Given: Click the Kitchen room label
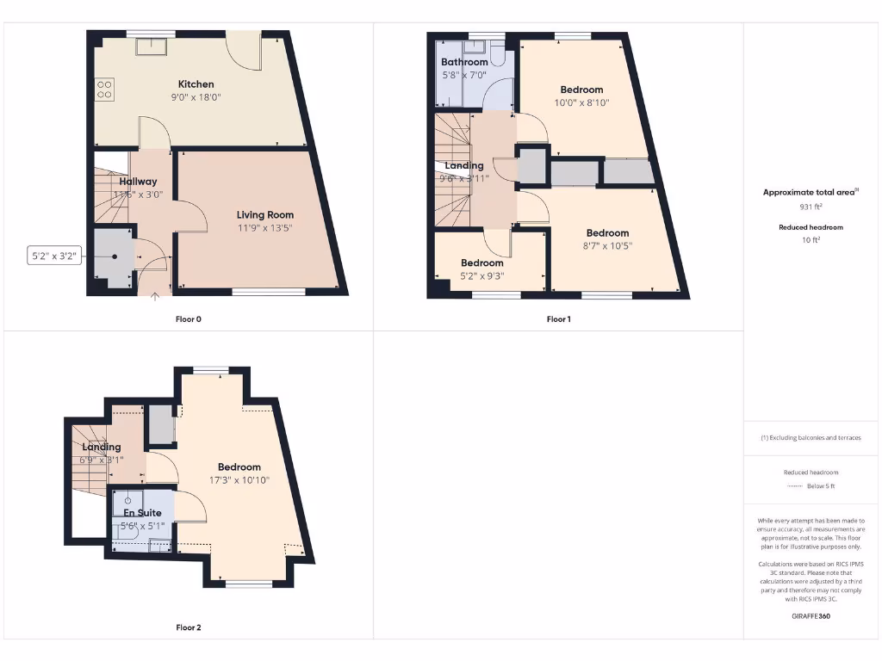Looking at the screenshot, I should (196, 84).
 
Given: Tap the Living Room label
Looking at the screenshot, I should (265, 215).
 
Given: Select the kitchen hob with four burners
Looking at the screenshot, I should (104, 90).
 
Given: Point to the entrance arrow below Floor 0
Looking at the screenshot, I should (155, 298).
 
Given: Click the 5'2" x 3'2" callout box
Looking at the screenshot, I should (55, 256).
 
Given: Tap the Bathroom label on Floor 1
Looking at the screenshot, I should (464, 62).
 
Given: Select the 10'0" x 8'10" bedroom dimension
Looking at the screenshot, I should (582, 102).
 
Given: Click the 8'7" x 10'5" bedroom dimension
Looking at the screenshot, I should (607, 245).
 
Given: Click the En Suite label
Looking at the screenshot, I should (141, 513).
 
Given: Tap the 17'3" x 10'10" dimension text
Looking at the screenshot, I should (239, 480).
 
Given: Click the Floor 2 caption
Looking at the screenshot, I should (188, 627).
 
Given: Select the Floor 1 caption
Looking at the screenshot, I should (558, 319).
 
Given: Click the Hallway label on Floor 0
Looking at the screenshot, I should (138, 182).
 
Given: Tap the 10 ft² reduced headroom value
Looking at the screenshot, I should (810, 240).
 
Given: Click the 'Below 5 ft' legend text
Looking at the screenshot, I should (821, 486).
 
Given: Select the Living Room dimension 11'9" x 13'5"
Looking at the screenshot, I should (265, 228).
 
